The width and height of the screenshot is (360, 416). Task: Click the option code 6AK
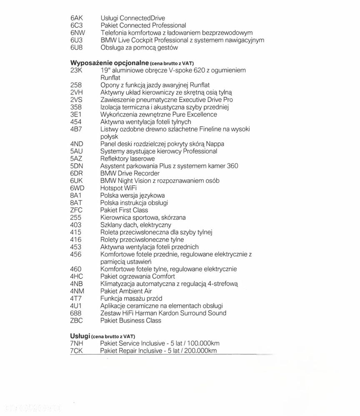tap(77, 18)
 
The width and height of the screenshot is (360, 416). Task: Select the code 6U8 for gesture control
tap(77, 47)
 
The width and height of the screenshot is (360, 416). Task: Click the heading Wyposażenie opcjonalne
tap(107, 63)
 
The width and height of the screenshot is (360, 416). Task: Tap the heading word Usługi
tap(80, 335)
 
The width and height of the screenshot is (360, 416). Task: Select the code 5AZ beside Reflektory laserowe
tap(77, 159)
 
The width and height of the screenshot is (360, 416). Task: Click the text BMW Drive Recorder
tap(130, 173)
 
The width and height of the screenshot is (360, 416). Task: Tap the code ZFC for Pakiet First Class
tap(77, 210)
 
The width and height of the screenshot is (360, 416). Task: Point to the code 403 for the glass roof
tap(76, 225)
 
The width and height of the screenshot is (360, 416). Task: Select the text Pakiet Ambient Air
tap(126, 291)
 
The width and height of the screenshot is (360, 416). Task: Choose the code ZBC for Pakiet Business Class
tap(77, 321)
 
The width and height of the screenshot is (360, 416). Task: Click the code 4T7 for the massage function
tap(77, 299)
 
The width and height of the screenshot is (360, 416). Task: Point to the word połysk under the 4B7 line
tap(110, 137)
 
